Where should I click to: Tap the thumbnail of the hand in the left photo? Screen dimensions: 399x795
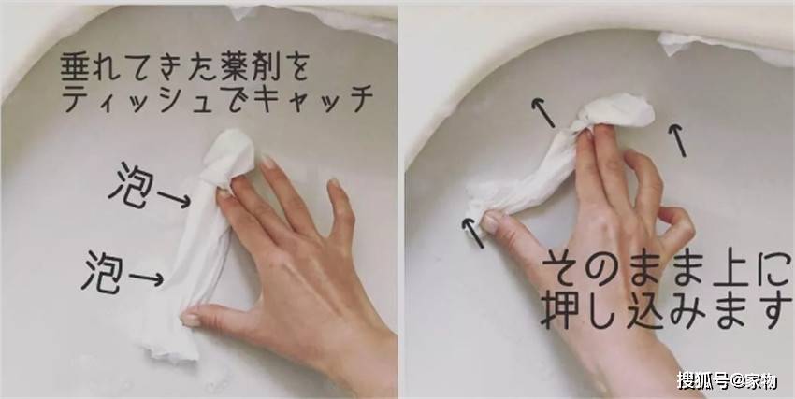pos(191,319)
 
